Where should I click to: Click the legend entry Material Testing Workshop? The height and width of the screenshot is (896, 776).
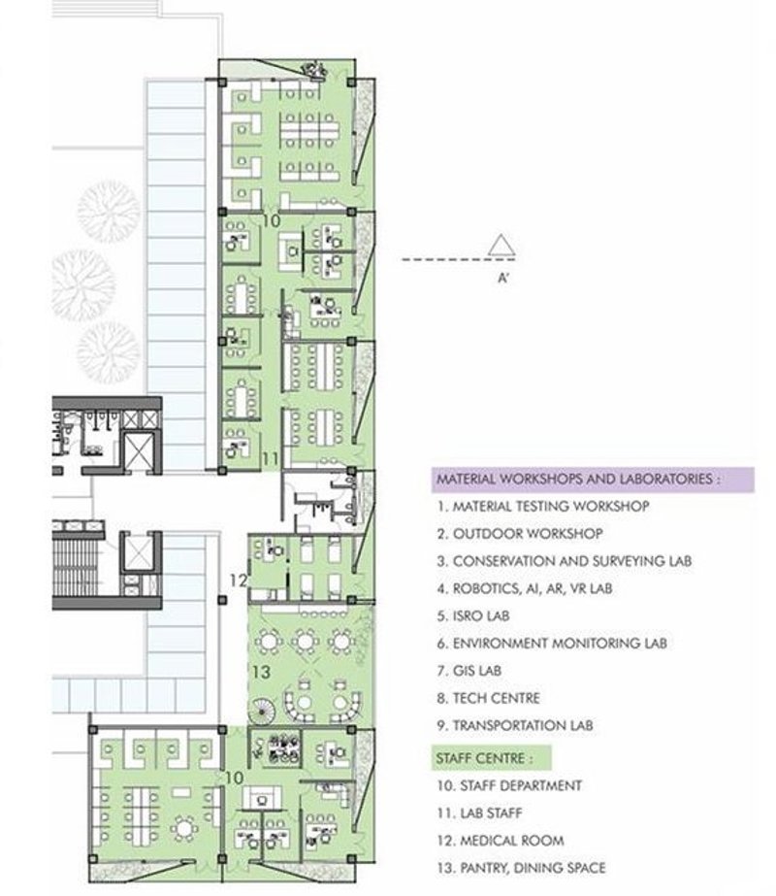pos(542,506)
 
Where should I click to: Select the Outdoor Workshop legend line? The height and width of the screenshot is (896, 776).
pos(519,533)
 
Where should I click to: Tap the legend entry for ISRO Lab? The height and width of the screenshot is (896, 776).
pos(472,615)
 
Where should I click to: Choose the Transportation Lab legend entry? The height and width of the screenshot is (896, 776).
pos(515,725)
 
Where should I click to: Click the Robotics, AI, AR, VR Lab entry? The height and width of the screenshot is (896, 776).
pos(525,588)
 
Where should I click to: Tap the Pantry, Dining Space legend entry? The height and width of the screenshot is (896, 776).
pos(521,868)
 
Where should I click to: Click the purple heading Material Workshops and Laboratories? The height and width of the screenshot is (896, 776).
pos(578,479)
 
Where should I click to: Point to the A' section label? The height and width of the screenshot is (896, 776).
pos(501,276)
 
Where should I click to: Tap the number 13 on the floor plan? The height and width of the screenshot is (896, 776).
pos(261,672)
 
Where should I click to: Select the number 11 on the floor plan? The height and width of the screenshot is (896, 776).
pos(271,456)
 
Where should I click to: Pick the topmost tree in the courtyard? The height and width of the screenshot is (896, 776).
pos(108,207)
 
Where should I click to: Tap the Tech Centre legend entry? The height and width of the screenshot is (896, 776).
pos(488,698)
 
